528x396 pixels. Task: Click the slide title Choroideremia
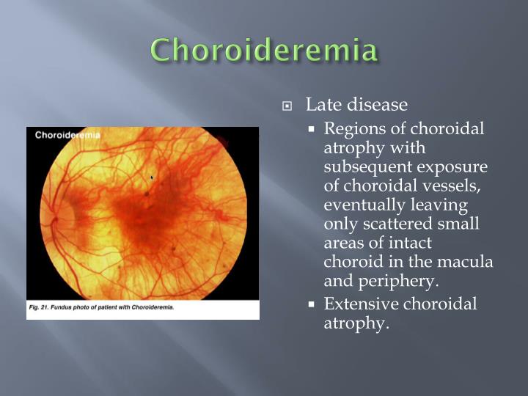point(265,50)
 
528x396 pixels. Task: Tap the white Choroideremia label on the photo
point(67,135)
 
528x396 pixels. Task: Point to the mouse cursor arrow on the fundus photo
point(152,177)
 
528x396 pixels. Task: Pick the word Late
point(320,105)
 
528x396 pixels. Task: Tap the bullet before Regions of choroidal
point(312,128)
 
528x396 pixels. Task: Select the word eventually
point(367,205)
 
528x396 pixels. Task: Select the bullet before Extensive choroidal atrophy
point(312,304)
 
